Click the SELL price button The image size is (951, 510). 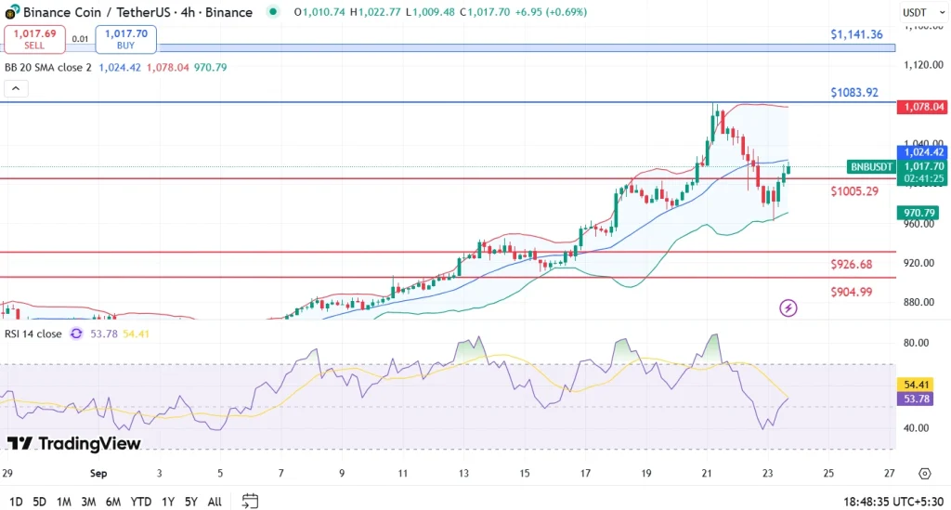34,39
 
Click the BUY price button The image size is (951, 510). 125,39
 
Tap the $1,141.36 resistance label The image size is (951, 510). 856,34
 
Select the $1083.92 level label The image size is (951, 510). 854,92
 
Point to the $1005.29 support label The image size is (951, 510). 854,191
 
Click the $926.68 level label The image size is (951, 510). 852,265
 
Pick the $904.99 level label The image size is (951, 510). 852,292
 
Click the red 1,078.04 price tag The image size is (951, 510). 921,108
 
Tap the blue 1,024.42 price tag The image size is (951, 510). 921,152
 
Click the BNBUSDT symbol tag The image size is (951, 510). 872,167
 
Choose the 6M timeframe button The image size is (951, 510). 113,502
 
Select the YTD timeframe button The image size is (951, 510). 141,502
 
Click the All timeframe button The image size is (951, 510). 215,502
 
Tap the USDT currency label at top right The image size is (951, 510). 917,12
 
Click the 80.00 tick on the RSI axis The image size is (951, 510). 917,343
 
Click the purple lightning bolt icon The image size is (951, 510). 788,307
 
